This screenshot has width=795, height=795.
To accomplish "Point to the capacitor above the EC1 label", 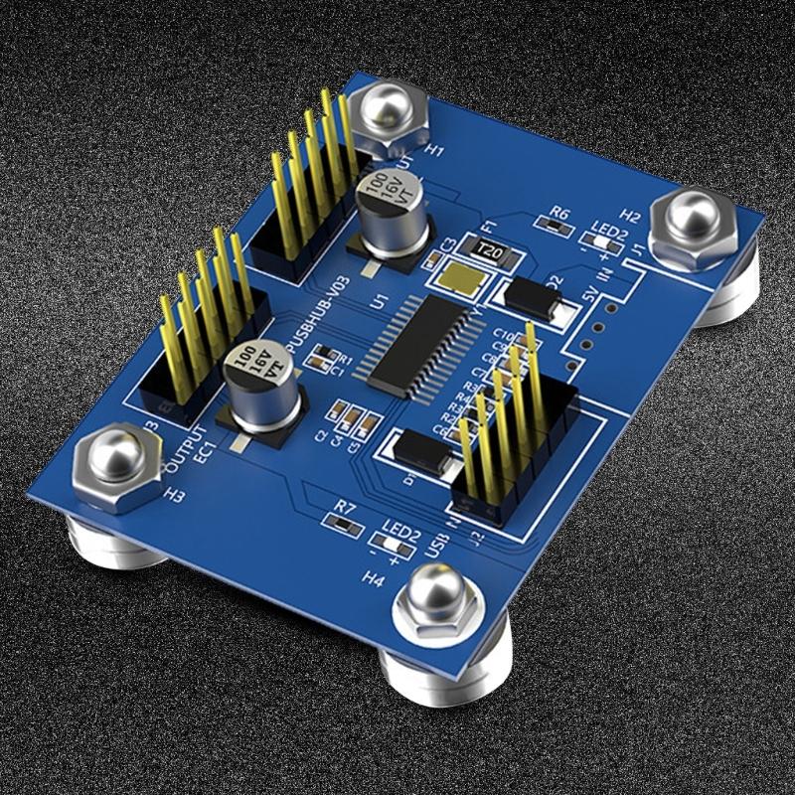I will (x=260, y=388).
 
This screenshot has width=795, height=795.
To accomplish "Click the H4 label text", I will (x=375, y=576).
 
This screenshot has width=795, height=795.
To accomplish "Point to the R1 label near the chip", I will (x=345, y=359).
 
